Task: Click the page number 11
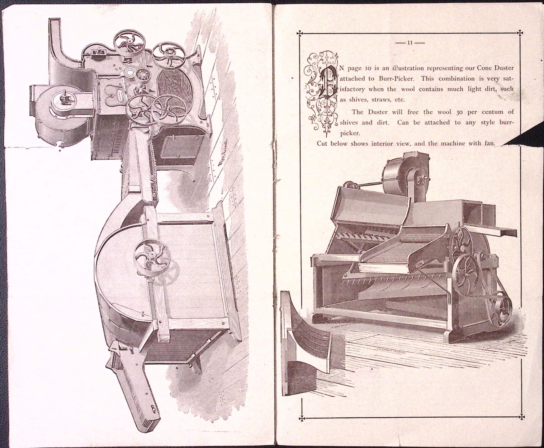click(410, 43)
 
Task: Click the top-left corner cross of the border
click(300, 33)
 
